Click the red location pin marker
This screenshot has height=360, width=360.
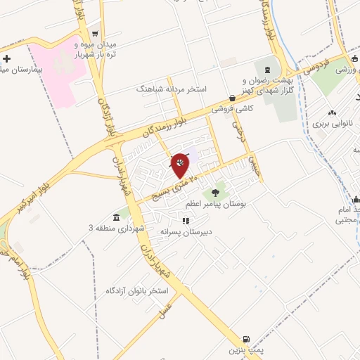click(181, 165)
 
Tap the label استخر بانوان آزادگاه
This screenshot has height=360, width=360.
click(138, 290)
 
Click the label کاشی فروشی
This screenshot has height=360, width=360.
click(234, 109)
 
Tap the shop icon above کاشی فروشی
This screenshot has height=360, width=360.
click(233, 98)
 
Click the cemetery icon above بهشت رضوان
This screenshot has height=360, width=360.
click(267, 70)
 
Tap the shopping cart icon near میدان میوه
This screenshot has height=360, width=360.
click(95, 34)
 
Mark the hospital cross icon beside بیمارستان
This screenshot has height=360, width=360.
click(6, 60)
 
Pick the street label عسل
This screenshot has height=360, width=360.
click(167, 309)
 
